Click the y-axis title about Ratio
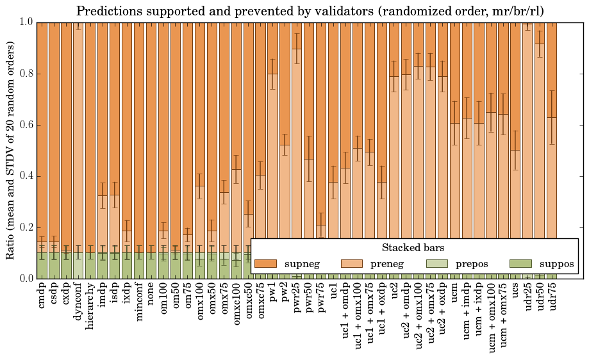click(11, 150)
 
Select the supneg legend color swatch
click(265, 264)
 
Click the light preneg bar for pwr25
click(297, 160)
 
